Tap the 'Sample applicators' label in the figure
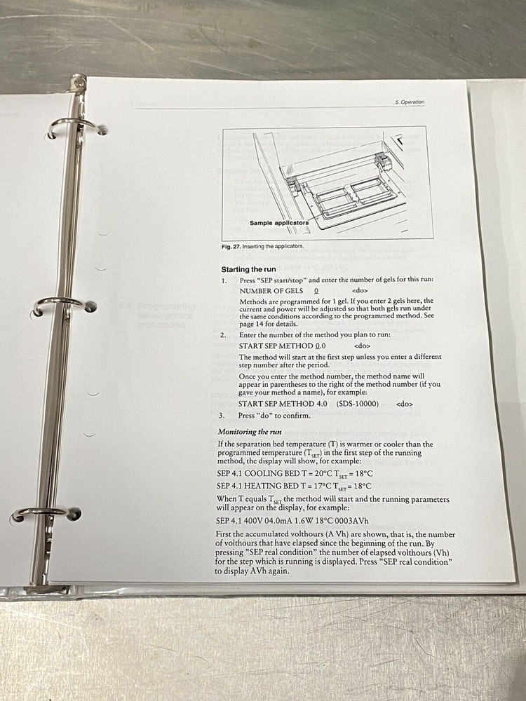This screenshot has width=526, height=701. (x=278, y=223)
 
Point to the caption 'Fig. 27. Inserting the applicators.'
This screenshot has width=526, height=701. (x=263, y=246)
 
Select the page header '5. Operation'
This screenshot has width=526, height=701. (x=410, y=102)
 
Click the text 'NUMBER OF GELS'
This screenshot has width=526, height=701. (x=271, y=290)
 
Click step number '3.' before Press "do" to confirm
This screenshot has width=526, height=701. (x=224, y=416)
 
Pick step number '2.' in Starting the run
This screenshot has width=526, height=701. (x=224, y=334)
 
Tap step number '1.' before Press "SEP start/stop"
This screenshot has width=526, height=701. (x=224, y=280)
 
